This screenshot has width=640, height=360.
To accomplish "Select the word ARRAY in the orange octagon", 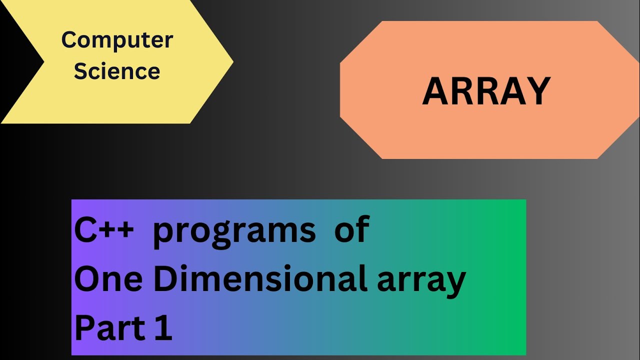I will point(486,91).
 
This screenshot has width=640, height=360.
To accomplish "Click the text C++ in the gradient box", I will point(104,230).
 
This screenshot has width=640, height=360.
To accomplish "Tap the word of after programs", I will point(351,230).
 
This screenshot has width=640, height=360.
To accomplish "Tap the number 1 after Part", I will point(163,328).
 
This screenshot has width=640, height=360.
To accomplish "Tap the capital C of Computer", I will point(68,40).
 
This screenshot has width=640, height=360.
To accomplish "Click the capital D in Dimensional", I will point(165,279).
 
